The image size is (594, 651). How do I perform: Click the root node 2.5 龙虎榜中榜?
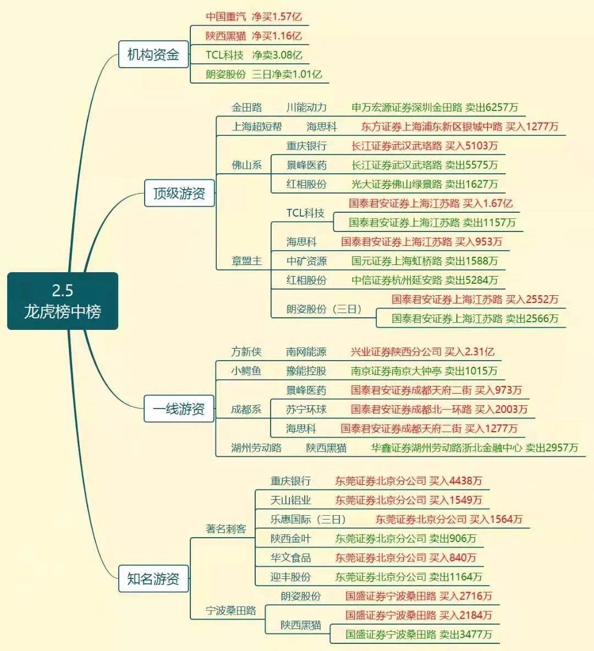click(63, 301)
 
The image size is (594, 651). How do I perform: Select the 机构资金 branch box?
click(153, 54)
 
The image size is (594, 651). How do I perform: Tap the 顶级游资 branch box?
click(179, 193)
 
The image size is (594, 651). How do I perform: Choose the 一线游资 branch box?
click(179, 409)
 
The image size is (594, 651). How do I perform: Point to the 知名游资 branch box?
click(153, 578)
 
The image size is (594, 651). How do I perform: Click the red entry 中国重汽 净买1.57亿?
click(254, 16)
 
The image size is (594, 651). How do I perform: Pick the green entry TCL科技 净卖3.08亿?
click(254, 55)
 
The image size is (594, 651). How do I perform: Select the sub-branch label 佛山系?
click(247, 165)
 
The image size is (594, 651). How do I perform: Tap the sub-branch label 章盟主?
click(247, 261)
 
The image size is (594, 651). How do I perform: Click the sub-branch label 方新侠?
click(246, 352)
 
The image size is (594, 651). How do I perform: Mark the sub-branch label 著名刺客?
click(226, 528)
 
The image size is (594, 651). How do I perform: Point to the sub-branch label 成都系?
click(246, 410)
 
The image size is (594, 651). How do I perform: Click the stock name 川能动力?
click(306, 108)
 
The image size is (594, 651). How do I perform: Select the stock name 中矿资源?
click(306, 261)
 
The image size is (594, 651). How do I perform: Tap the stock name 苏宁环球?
click(306, 410)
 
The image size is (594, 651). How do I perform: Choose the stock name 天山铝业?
click(291, 500)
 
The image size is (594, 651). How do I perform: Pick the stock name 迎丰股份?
click(291, 577)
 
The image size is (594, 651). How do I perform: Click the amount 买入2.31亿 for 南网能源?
click(469, 352)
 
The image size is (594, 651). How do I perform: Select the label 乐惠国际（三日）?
click(308, 519)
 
